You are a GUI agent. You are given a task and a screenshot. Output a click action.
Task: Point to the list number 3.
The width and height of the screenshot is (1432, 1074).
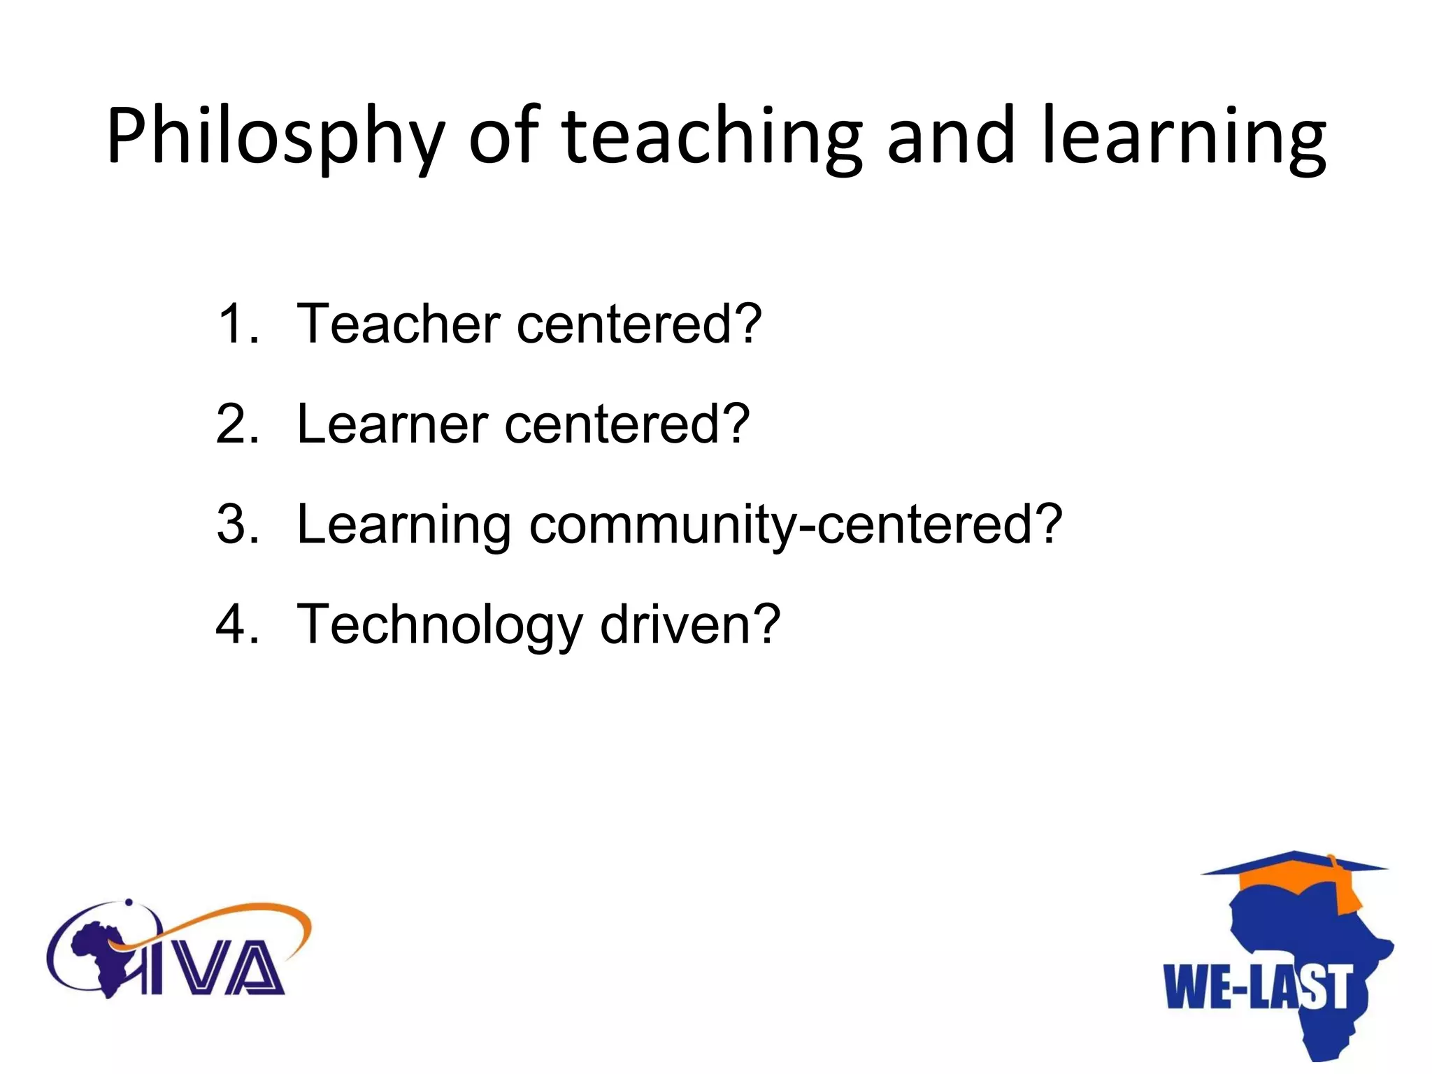238,524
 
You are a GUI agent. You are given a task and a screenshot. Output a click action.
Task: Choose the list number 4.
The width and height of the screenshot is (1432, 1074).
238,624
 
